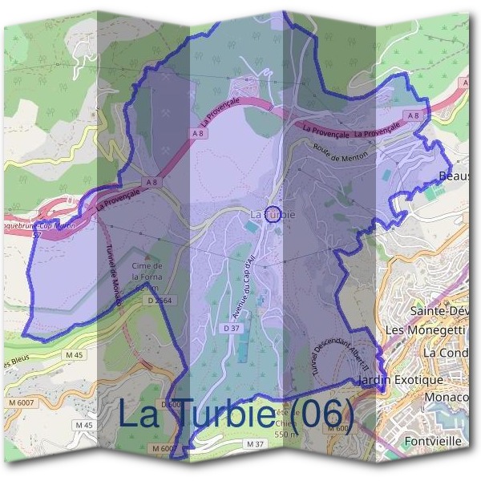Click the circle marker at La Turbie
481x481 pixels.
[273, 214]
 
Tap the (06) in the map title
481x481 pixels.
[321, 414]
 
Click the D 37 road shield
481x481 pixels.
[232, 328]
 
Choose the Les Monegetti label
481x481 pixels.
[425, 329]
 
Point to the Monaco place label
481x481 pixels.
[446, 397]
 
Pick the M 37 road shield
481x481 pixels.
[256, 443]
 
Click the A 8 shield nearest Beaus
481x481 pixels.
[413, 116]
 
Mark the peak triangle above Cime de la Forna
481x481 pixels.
[148, 257]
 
